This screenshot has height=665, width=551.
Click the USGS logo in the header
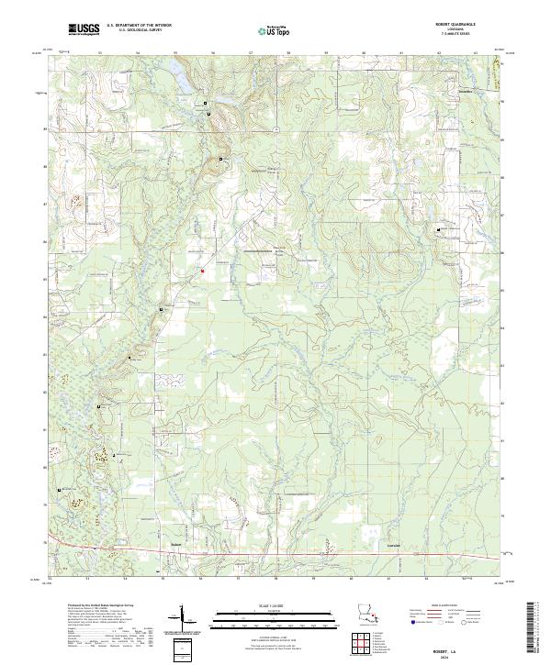coord(84,30)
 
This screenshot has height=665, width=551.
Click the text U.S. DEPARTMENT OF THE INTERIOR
coord(139,27)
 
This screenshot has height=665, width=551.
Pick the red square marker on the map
coord(201,270)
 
